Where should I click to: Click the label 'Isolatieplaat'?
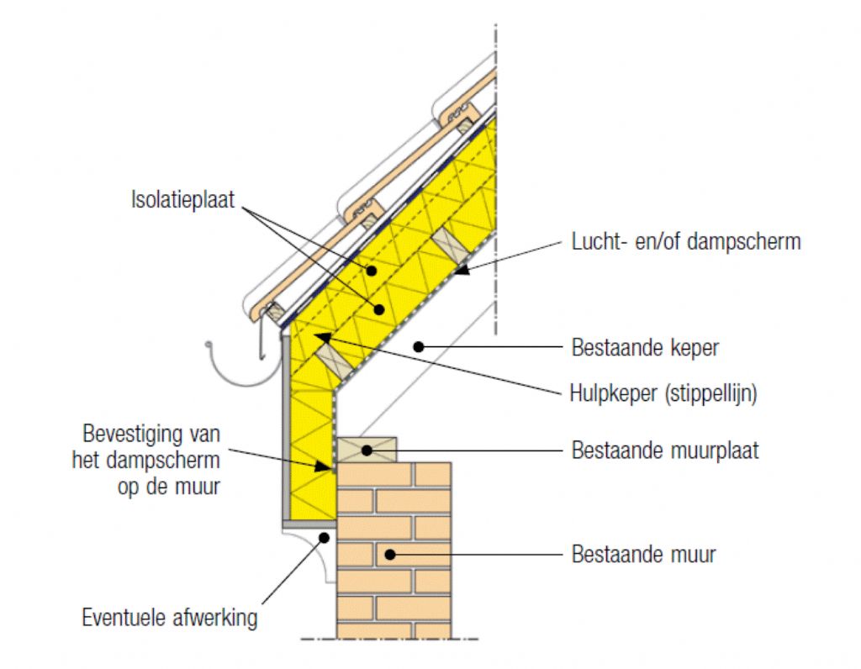[182, 201]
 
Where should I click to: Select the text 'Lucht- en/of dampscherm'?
[686, 242]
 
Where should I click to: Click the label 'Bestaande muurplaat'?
[665, 450]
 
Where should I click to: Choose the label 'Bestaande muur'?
[644, 555]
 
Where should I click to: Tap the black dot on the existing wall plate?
[367, 450]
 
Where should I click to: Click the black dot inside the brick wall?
[388, 554]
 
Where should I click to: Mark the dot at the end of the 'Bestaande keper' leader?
[418, 346]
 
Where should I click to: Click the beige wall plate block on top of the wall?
[367, 449]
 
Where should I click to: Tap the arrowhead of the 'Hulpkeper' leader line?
[318, 337]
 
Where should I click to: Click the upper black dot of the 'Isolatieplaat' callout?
[371, 271]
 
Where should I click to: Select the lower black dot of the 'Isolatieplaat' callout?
[379, 309]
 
